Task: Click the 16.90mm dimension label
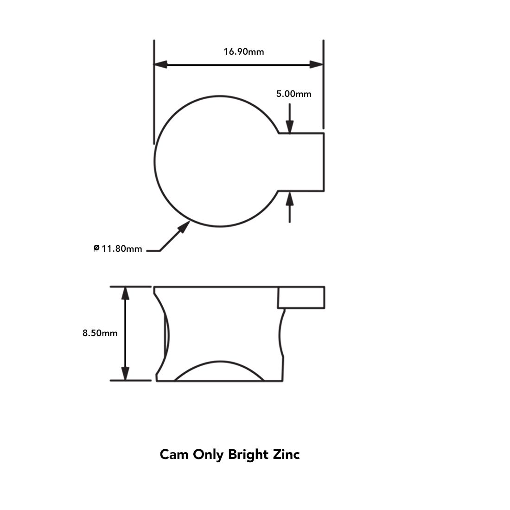pyautogui.click(x=243, y=51)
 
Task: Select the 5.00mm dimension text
pyautogui.click(x=293, y=94)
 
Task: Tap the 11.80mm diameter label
pyautogui.click(x=121, y=249)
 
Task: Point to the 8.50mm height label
pyautogui.click(x=100, y=333)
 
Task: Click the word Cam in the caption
pyautogui.click(x=174, y=454)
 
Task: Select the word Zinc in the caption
pyautogui.click(x=285, y=454)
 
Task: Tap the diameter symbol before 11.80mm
pyautogui.click(x=96, y=249)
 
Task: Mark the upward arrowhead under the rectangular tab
pyautogui.click(x=290, y=198)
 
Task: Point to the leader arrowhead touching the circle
pyautogui.click(x=184, y=227)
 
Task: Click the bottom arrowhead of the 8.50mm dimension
pyautogui.click(x=125, y=373)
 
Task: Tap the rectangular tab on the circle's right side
pyautogui.click(x=300, y=162)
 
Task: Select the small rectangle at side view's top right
pyautogui.click(x=301, y=297)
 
